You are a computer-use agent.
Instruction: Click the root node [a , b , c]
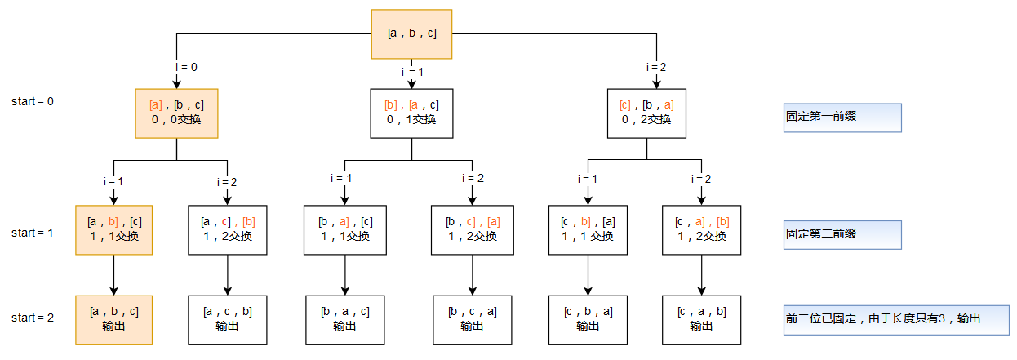click(x=411, y=33)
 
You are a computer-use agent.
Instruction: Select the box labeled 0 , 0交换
click(x=177, y=113)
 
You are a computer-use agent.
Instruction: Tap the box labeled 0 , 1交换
click(x=411, y=113)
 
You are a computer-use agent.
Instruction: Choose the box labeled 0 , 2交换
click(x=646, y=113)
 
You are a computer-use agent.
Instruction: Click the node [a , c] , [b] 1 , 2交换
click(x=228, y=229)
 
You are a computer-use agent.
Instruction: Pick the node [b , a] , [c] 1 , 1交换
click(x=344, y=229)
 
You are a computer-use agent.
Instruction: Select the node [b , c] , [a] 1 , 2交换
click(x=471, y=229)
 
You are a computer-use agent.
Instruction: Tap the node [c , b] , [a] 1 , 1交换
click(x=587, y=229)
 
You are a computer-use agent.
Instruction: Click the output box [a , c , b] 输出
click(x=228, y=318)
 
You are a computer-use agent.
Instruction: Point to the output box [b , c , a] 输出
click(x=471, y=318)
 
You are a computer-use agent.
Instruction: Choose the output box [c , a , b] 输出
click(x=701, y=318)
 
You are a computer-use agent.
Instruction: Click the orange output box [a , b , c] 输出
click(x=113, y=318)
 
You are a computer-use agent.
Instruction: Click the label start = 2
click(x=33, y=318)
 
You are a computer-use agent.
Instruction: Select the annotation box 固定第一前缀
click(x=842, y=118)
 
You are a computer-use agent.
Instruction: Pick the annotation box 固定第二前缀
click(x=842, y=233)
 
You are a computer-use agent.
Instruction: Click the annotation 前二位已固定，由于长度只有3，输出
click(x=895, y=318)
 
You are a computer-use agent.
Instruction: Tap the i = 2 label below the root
click(x=657, y=67)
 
